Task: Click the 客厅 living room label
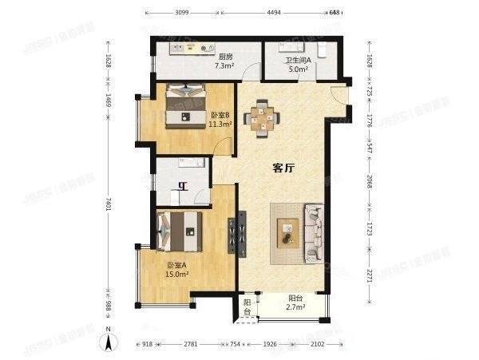(x=284, y=168)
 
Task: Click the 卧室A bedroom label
(x=176, y=265)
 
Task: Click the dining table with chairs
(x=262, y=117)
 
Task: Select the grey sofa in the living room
(x=313, y=233)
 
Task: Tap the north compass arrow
(x=110, y=342)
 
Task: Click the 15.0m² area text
(x=176, y=275)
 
